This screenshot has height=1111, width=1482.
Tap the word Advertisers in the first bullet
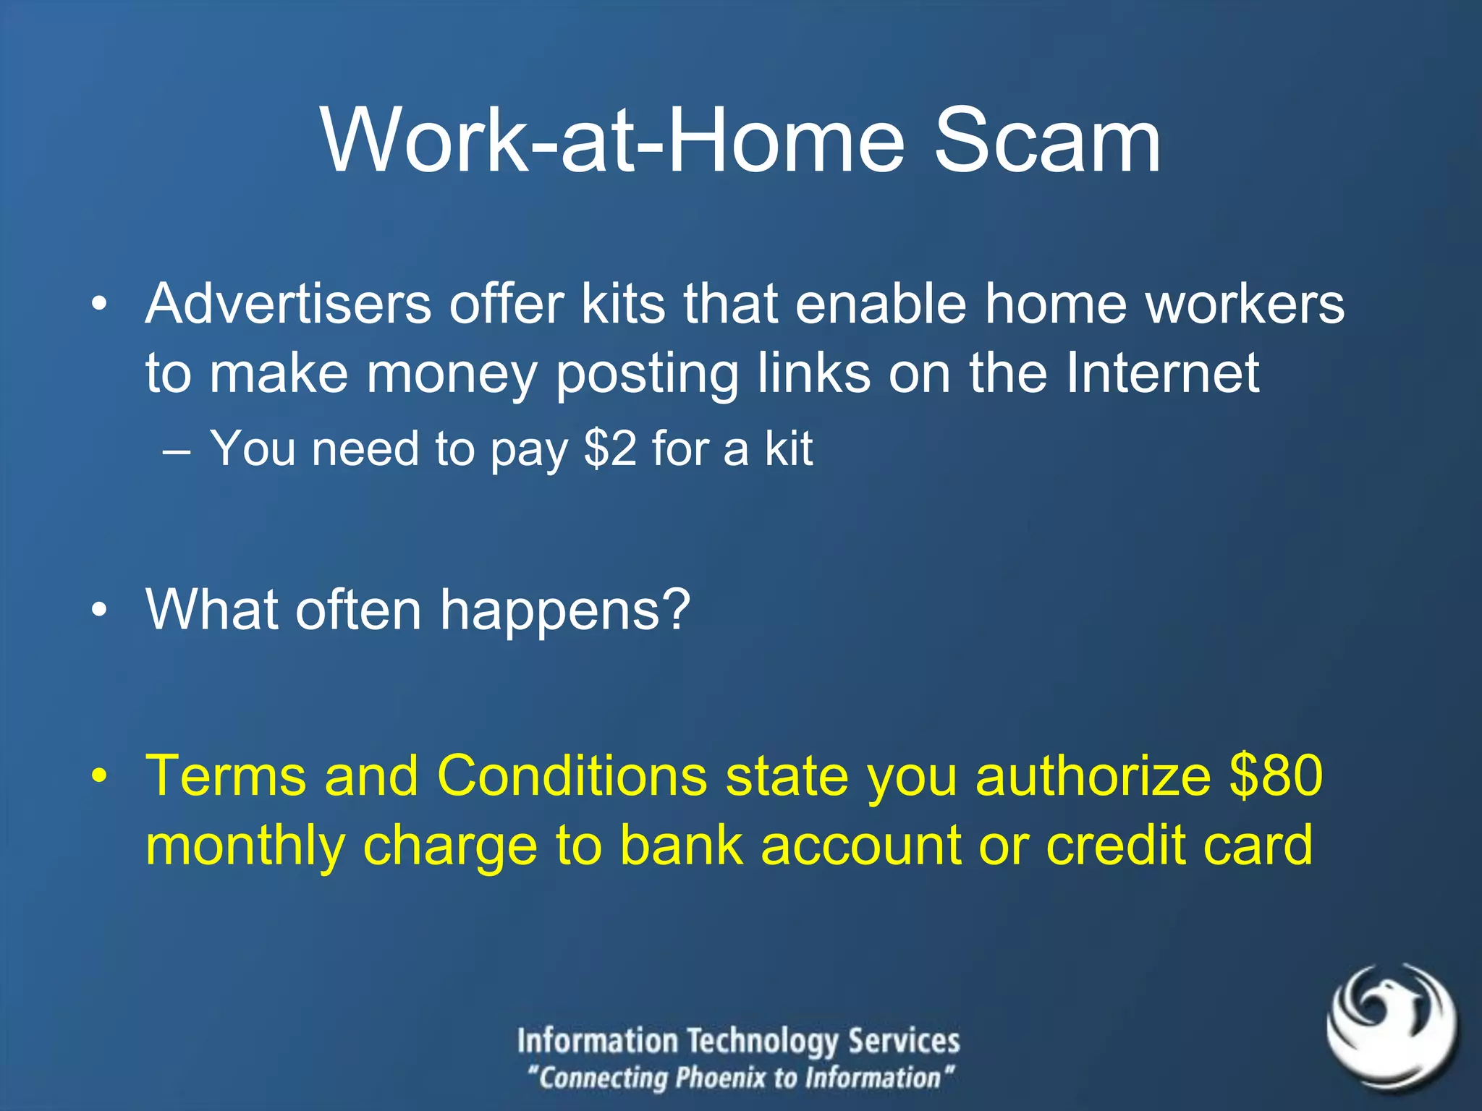tap(288, 304)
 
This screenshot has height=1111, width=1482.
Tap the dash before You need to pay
tap(177, 451)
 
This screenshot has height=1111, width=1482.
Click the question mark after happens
tap(676, 610)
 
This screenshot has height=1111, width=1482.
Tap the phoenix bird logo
tap(1391, 1026)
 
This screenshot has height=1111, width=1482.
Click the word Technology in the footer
tap(763, 1041)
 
